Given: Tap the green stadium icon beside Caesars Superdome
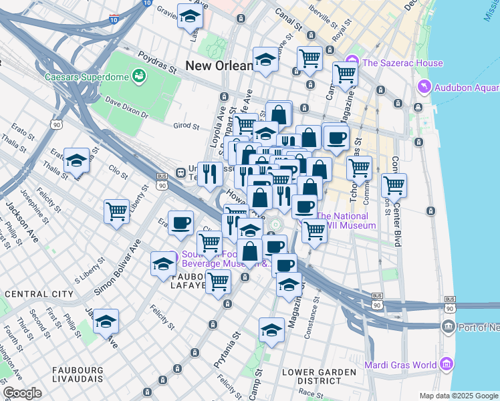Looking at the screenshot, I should [140, 76].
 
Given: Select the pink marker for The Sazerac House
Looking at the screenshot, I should [354, 63].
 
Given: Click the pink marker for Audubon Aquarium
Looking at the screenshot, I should [422, 87].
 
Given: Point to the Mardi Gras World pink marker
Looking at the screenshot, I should [447, 365].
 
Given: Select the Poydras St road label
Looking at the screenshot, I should [156, 63].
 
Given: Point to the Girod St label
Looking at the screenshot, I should [186, 125].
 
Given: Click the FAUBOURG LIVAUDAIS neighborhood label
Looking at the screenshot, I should [72, 374].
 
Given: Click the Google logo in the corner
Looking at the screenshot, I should [22, 393].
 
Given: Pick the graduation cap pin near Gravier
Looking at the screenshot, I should [191, 15].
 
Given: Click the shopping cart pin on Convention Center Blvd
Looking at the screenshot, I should [394, 184].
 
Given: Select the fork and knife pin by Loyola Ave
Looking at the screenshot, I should [211, 174].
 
